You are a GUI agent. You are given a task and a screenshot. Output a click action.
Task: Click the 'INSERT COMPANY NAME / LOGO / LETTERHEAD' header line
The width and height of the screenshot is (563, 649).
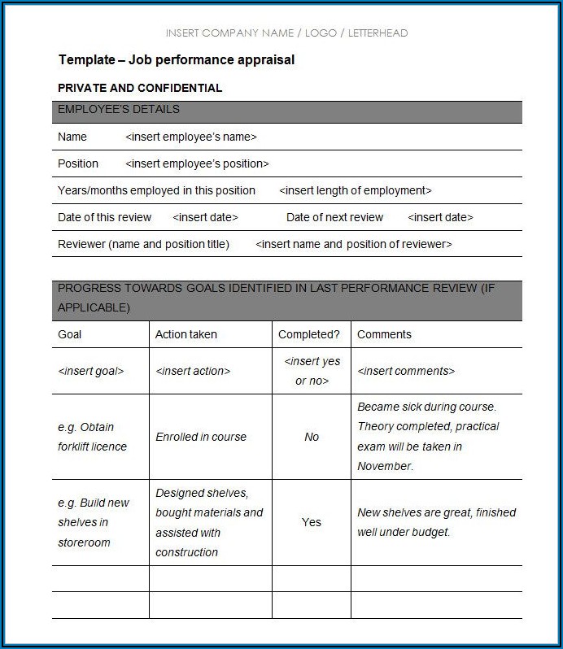coord(286,33)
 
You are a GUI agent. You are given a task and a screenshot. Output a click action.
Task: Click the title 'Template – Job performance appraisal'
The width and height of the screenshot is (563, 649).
coord(177,59)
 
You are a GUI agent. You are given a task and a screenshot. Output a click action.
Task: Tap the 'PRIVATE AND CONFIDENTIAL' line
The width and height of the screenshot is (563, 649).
coord(140,88)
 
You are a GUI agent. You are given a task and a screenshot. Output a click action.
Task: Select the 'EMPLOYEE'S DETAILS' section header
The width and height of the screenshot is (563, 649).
coord(119,110)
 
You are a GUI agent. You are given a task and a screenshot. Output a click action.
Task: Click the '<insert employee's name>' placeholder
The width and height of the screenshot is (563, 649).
coord(191,137)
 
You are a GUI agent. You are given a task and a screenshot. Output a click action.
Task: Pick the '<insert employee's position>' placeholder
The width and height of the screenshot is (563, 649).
coord(197,164)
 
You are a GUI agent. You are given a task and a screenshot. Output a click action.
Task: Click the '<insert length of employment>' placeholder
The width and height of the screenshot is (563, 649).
coord(356,191)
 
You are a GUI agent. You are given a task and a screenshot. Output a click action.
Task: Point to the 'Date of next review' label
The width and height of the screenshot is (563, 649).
coord(334,218)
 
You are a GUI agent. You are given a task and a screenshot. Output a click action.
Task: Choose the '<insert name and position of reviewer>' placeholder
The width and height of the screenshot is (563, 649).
coord(354,244)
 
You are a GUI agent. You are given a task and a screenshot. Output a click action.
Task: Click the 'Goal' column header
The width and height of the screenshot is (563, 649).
coord(70,334)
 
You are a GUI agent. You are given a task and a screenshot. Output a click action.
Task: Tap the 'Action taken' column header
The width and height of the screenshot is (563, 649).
coord(186,334)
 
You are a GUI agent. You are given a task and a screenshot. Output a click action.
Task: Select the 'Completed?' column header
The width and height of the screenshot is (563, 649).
coord(309,334)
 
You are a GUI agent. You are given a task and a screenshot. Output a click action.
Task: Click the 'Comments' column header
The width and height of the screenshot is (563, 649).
coord(384,334)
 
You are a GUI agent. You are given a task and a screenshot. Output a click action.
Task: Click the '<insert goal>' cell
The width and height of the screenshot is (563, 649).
coord(91,371)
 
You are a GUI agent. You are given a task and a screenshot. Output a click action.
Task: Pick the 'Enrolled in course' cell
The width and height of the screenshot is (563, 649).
coord(201,437)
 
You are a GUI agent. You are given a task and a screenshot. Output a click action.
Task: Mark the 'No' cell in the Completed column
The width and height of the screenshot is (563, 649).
coord(312,437)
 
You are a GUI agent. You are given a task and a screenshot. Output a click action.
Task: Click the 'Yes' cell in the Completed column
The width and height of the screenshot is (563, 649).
coord(312,522)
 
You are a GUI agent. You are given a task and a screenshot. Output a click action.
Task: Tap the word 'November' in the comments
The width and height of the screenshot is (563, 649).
coord(384,467)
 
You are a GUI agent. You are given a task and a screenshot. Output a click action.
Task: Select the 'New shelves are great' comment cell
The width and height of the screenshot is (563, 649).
coord(436,522)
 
